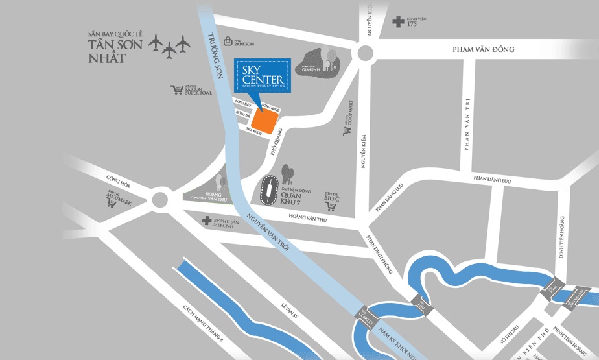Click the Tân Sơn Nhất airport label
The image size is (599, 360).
107,49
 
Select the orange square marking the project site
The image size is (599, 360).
264,121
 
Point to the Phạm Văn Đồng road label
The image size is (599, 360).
483,49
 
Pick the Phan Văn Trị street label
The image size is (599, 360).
466,123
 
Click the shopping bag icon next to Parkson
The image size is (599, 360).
228,41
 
